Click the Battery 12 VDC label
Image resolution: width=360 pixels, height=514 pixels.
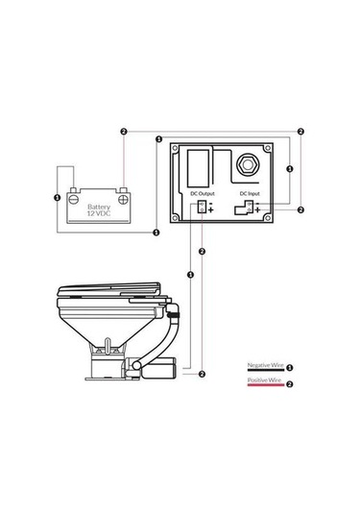point(99,210)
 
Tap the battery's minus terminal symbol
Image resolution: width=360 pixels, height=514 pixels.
point(74,199)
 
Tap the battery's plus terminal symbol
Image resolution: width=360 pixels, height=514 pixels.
point(124,199)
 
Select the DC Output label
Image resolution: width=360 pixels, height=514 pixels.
point(203,193)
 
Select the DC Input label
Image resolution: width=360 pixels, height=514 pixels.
point(250,193)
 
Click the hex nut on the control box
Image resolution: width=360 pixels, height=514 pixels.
point(248,163)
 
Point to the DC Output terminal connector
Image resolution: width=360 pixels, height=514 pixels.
point(202,207)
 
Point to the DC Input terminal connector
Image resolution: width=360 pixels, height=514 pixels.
point(244,208)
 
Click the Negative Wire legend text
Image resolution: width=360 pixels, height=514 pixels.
point(265,365)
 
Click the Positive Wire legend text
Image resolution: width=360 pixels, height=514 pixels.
point(264,379)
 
